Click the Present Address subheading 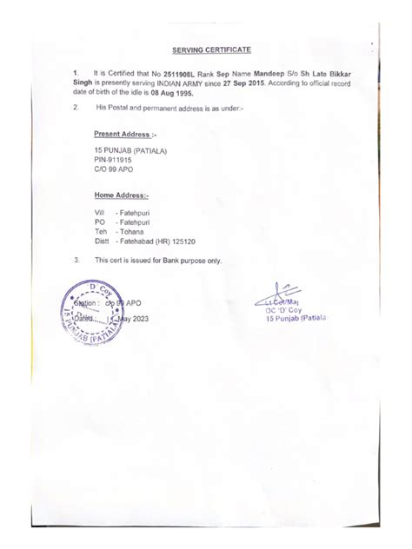(x=125, y=136)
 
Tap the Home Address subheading (x=122, y=195)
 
